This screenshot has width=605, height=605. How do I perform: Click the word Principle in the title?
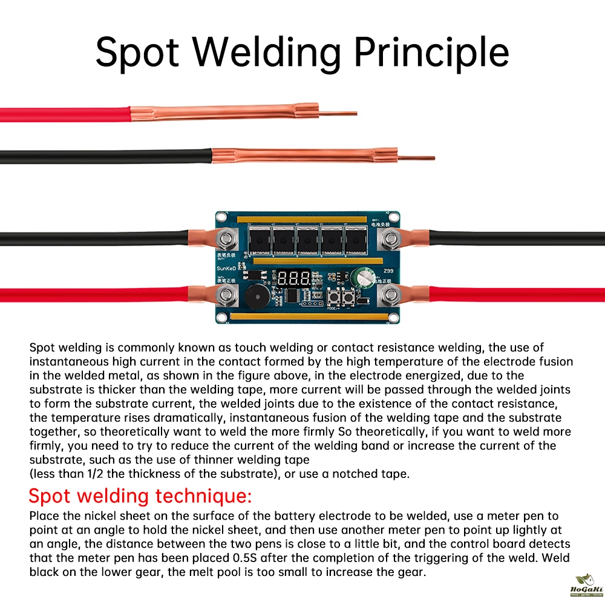(431, 53)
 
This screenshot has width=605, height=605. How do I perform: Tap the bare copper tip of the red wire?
(338, 113)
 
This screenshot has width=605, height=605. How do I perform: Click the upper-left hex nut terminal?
(228, 240)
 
